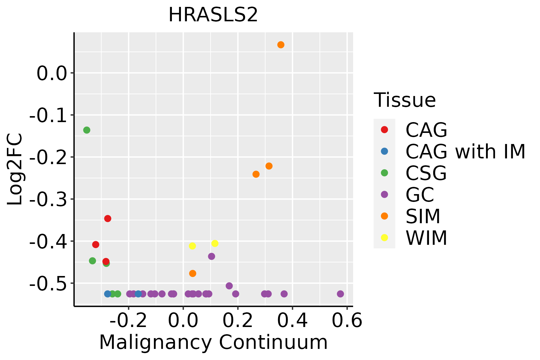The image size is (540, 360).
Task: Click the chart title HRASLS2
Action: [213, 15]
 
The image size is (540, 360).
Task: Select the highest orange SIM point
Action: [281, 45]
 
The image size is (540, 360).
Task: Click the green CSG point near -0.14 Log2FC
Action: [87, 130]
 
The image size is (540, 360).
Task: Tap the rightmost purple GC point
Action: [340, 294]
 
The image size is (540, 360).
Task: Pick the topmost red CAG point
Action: [108, 218]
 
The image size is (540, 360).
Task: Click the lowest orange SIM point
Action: [193, 274]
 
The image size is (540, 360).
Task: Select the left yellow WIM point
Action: [192, 246]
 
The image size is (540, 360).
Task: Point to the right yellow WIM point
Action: [215, 243]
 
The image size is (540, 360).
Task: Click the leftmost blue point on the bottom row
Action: [107, 294]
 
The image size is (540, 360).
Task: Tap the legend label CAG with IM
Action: [465, 152]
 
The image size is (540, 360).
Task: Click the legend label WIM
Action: [426, 238]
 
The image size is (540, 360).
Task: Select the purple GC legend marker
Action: [384, 194]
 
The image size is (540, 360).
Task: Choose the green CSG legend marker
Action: [384, 173]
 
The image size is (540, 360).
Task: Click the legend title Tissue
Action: [405, 100]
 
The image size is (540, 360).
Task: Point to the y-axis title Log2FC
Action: [15, 169]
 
